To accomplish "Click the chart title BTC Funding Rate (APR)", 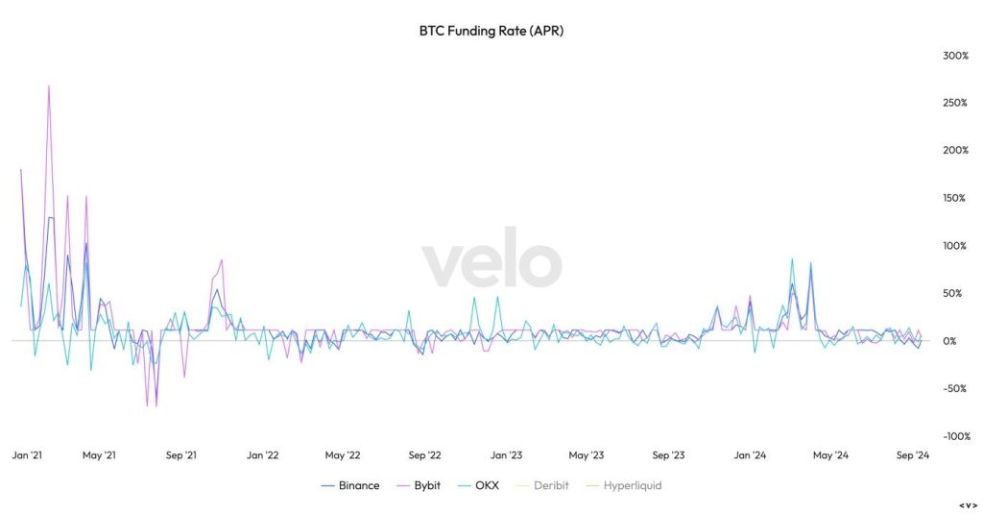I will click(x=491, y=31).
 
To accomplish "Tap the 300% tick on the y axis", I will click(x=956, y=56).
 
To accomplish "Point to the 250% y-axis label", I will click(x=956, y=103).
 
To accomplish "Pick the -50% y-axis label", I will click(x=954, y=389).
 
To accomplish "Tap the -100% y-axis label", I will click(x=956, y=436).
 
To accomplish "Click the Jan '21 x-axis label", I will click(x=26, y=455).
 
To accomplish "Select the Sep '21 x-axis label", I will click(x=180, y=455).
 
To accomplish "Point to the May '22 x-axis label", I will click(x=343, y=455).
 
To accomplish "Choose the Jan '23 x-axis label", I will click(x=506, y=455).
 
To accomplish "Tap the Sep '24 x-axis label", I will click(x=911, y=455).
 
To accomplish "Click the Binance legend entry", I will click(x=350, y=486).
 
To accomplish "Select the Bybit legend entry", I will click(x=419, y=486).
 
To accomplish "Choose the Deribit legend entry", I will click(x=542, y=486).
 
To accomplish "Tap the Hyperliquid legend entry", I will click(x=624, y=486).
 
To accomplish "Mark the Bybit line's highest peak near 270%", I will click(x=49, y=86).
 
